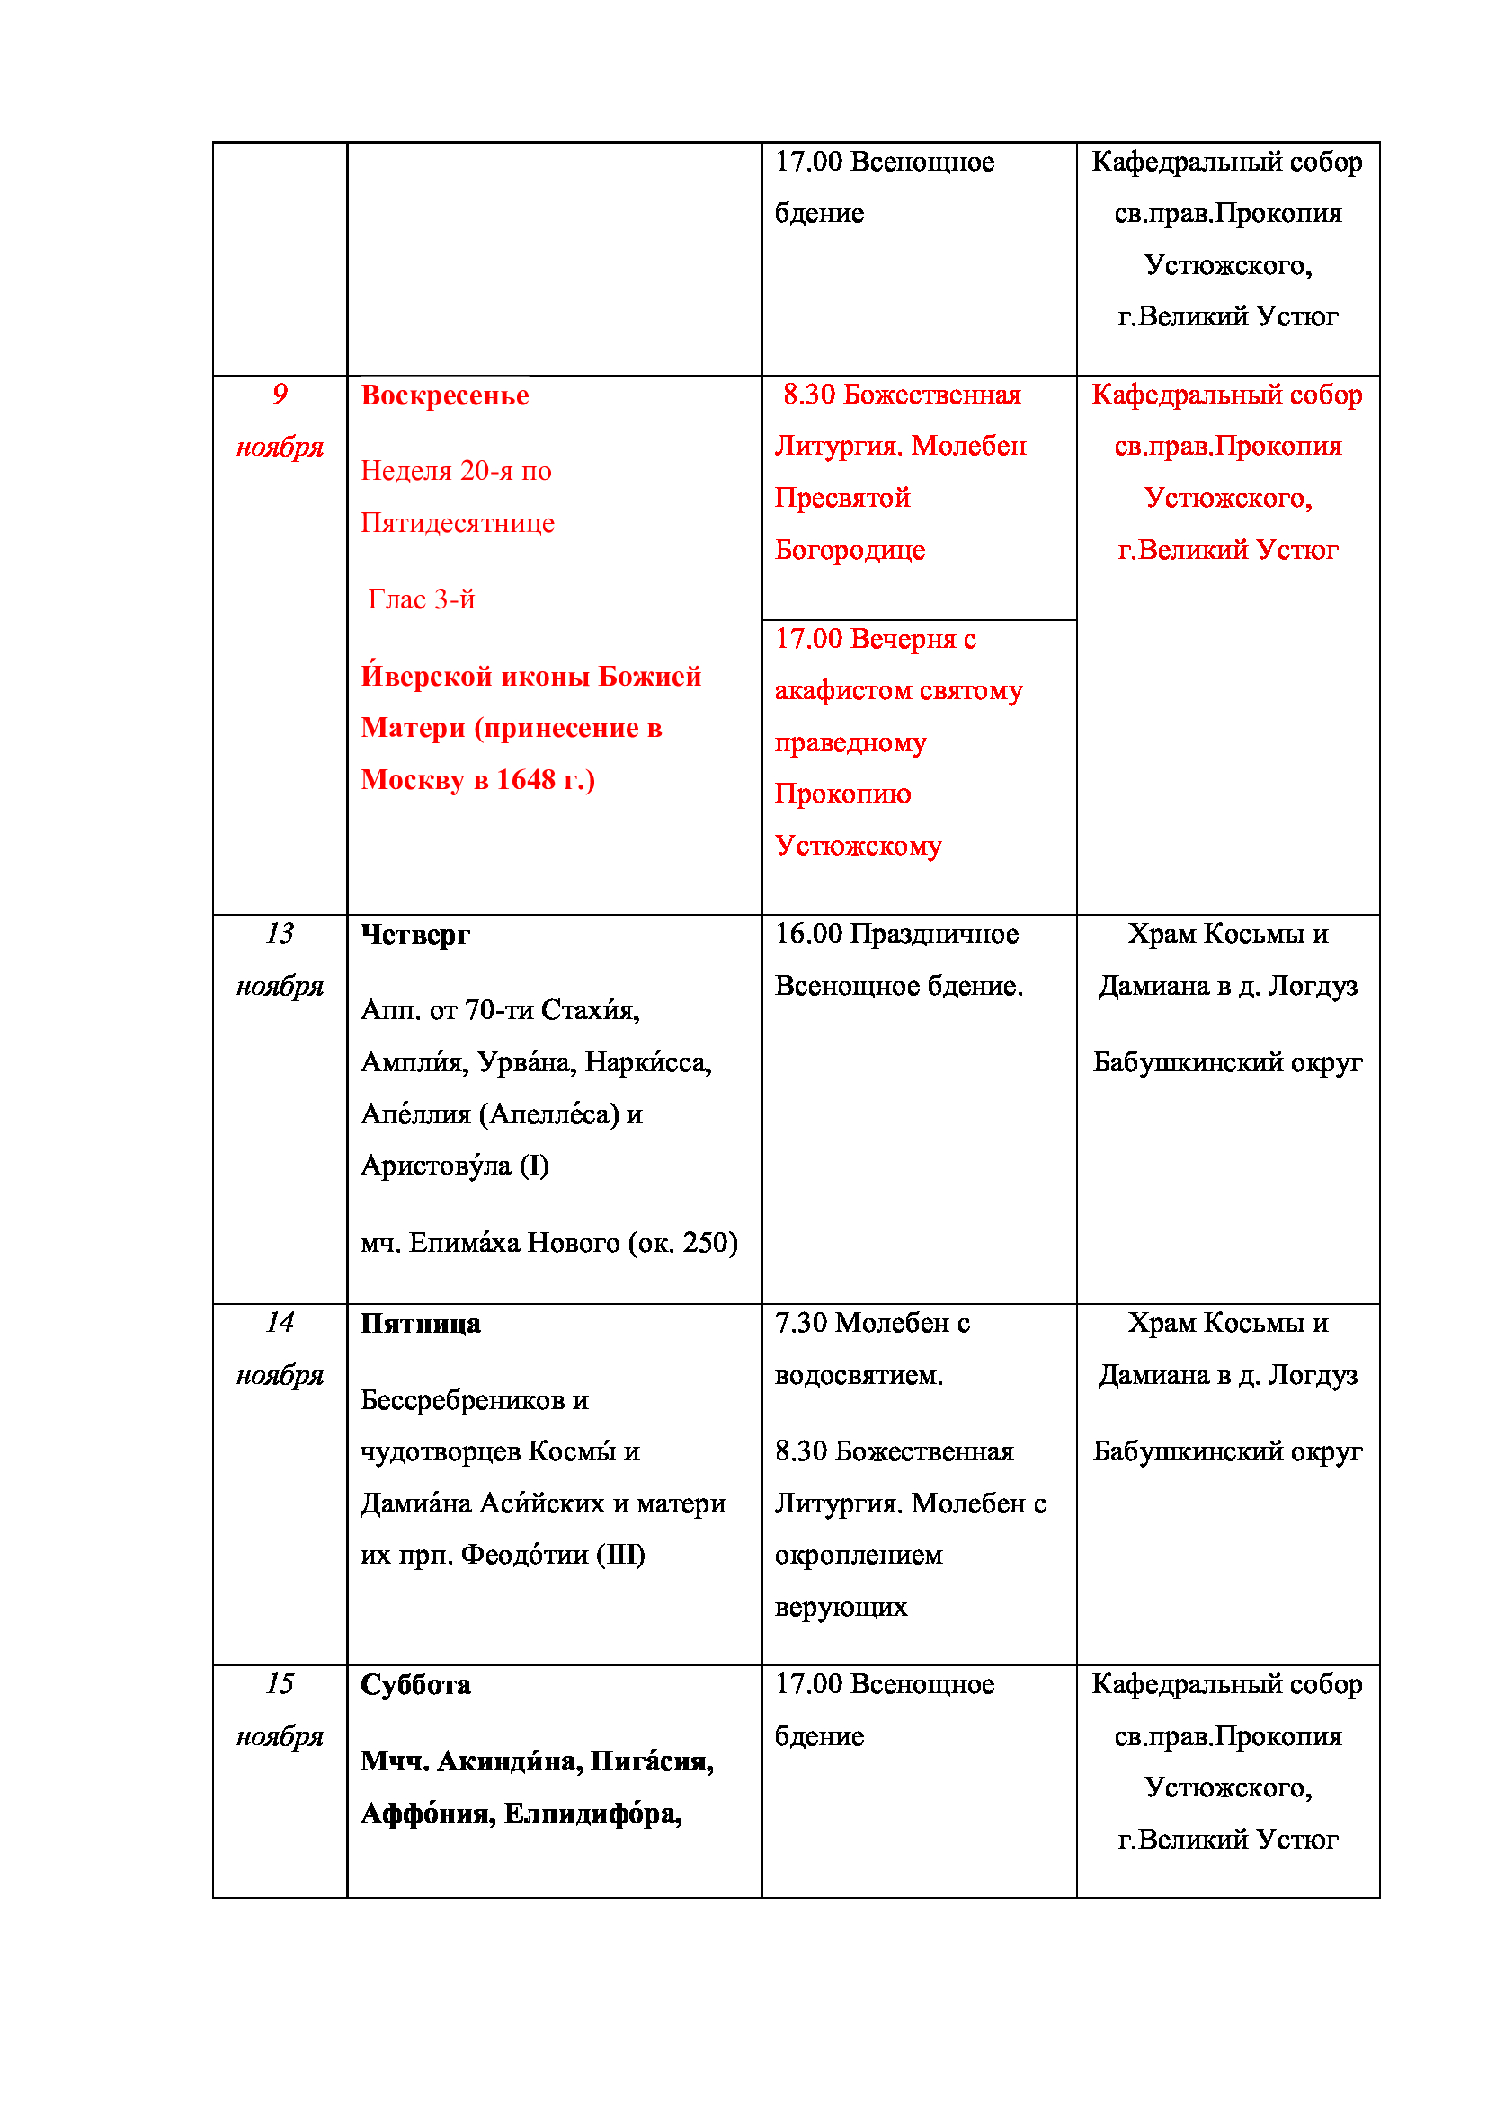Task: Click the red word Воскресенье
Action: pos(444,395)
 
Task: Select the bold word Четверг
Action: pos(414,935)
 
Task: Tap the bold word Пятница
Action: pos(419,1324)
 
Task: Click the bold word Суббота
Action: pos(414,1684)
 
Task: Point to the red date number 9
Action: pos(280,395)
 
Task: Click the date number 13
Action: pos(280,934)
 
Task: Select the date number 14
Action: pos(280,1323)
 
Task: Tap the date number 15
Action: pos(280,1683)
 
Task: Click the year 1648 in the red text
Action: pos(526,780)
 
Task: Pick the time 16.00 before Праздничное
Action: pos(807,934)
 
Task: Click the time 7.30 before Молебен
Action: pos(800,1323)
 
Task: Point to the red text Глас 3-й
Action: pos(421,599)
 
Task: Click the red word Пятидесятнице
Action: pos(457,523)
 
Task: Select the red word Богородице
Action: pos(849,550)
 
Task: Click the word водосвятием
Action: pos(858,1375)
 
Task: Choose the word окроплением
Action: pos(858,1556)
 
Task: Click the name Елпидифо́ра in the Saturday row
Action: pos(592,1814)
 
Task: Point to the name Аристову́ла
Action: pos(435,1166)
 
